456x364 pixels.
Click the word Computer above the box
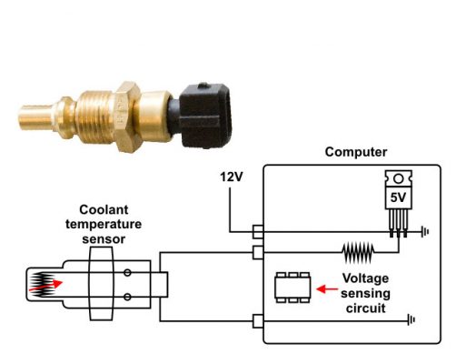(x=355, y=152)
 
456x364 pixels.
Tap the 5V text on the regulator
(x=397, y=195)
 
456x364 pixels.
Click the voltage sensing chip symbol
(x=293, y=289)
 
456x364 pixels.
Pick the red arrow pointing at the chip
(x=326, y=289)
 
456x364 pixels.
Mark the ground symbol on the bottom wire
(x=412, y=320)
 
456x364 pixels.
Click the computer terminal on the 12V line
(x=258, y=232)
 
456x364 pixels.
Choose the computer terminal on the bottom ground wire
(x=258, y=320)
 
